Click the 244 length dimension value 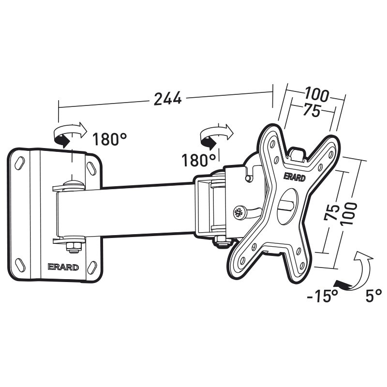pyautogui.click(x=167, y=99)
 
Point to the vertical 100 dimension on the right pyautogui.click(x=351, y=212)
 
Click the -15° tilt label pyautogui.click(x=322, y=296)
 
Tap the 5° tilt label pyautogui.click(x=373, y=295)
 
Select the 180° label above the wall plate pyautogui.click(x=109, y=140)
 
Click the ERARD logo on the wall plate pyautogui.click(x=63, y=266)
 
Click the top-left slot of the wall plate pyautogui.click(x=20, y=163)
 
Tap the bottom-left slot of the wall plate pyautogui.click(x=20, y=265)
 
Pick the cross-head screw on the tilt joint pyautogui.click(x=238, y=212)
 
